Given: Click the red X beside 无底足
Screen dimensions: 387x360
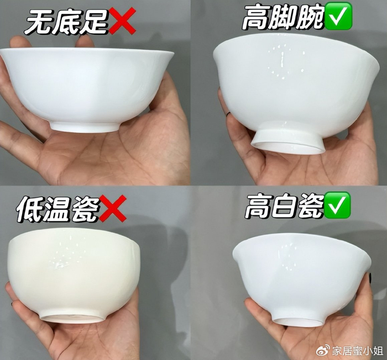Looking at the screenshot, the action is [122, 20].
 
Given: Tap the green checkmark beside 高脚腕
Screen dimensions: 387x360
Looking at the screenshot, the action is [338, 15].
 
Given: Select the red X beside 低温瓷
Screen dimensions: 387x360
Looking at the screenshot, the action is [113, 209].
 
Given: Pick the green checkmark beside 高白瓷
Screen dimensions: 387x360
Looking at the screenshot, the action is [337, 205].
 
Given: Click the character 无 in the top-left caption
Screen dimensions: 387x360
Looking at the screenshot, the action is [38, 21].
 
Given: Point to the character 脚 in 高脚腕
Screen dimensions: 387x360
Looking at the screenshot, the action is [283, 17].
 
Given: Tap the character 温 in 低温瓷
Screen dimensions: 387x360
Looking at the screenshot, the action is [57, 209].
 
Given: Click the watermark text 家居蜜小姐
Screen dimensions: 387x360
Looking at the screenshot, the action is [353, 351].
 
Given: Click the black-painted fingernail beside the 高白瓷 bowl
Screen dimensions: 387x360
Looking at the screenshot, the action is [370, 277].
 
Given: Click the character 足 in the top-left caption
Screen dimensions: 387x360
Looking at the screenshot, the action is [94, 21].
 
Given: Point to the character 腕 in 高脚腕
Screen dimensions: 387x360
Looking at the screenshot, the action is [311, 17].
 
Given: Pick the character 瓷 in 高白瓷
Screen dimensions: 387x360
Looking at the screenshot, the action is [310, 206].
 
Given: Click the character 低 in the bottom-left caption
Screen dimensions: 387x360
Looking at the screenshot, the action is [30, 209].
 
